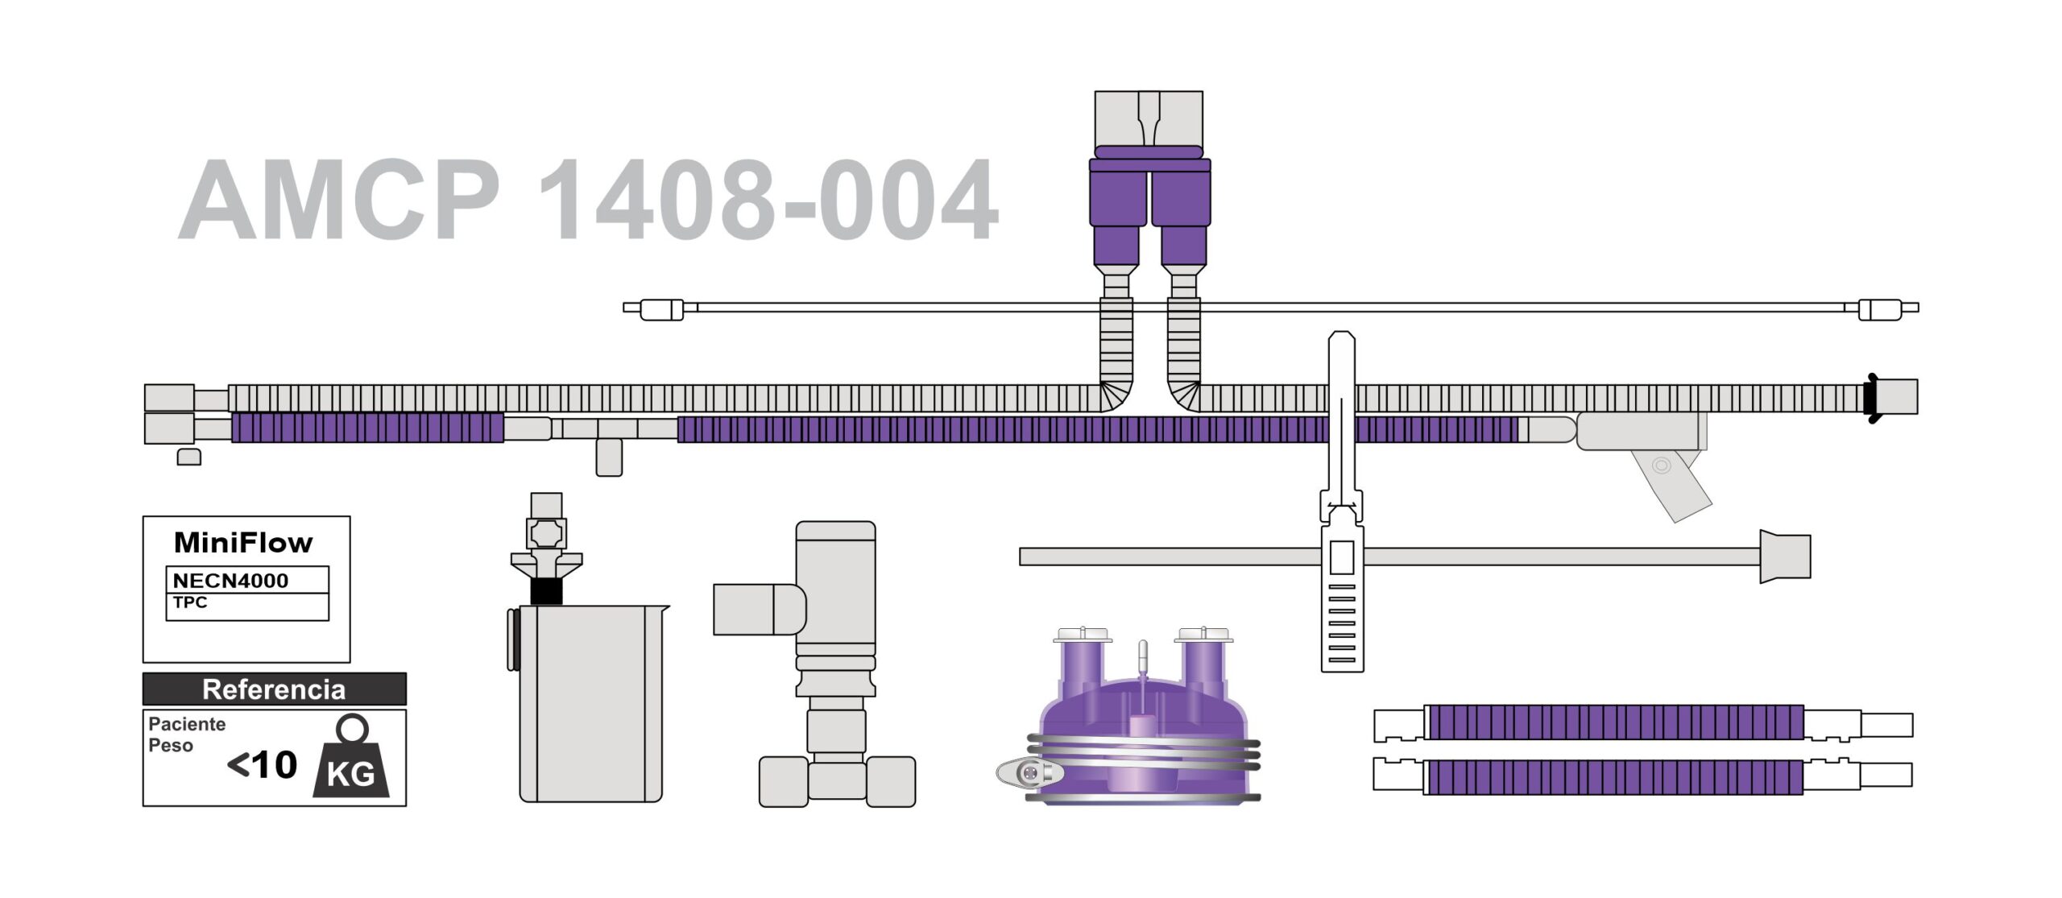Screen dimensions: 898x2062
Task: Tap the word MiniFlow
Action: coord(243,543)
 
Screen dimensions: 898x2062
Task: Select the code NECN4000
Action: coord(230,581)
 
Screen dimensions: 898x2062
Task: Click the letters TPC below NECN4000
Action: coord(190,602)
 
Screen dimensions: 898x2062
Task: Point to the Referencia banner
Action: coord(274,689)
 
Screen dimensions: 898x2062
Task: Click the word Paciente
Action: coord(187,724)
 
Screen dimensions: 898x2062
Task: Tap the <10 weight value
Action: coord(263,765)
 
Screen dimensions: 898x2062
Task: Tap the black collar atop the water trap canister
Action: coord(546,591)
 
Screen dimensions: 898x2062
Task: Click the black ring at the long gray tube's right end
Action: coord(1870,398)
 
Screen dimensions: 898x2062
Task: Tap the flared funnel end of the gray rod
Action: coord(1784,556)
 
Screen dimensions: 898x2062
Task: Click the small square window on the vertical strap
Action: coord(1341,557)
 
